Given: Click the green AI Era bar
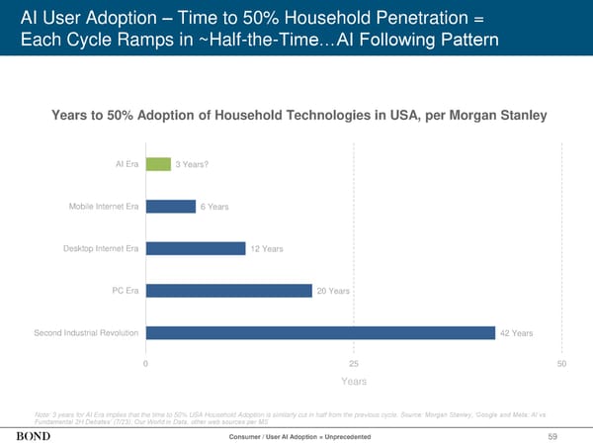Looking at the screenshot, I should [158, 164].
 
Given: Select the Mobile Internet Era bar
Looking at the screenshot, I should [170, 206].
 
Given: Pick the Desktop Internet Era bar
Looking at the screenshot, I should [196, 248].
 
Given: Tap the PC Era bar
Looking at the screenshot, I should [228, 290].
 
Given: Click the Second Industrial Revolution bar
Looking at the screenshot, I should [320, 332].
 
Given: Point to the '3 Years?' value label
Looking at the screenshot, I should [192, 165].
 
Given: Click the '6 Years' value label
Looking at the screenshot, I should [214, 207].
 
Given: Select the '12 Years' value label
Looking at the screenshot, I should [267, 249].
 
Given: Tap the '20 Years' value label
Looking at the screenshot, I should [333, 291].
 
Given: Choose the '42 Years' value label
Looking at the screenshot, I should [517, 333].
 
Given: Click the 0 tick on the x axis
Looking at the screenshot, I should [146, 365].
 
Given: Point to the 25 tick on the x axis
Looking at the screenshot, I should [354, 365].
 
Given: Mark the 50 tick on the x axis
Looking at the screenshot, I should [561, 365].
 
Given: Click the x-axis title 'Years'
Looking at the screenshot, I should [354, 382].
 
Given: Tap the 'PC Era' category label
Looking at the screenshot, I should [126, 290].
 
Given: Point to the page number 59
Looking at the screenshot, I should [566, 436].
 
